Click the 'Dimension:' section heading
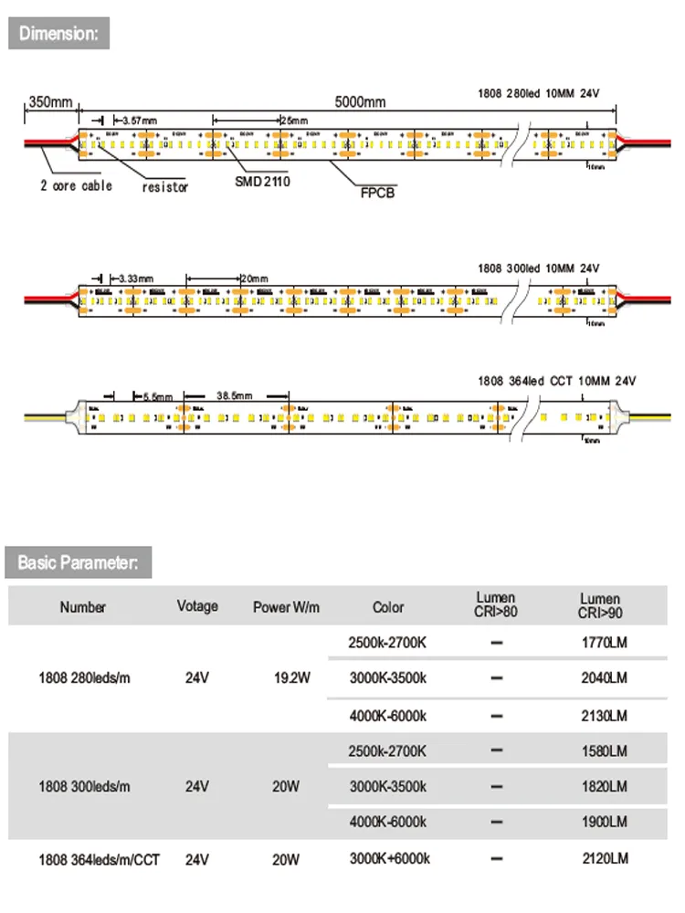[58, 34]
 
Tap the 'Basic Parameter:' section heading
[78, 561]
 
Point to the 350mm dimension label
[49, 102]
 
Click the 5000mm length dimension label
[360, 102]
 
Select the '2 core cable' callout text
[76, 185]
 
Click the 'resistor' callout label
[165, 187]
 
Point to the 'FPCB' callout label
[375, 193]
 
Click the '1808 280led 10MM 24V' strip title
[538, 92]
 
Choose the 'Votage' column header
[197, 606]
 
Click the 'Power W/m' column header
[286, 607]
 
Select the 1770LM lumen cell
[604, 643]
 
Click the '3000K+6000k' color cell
[389, 858]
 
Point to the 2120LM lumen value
[604, 858]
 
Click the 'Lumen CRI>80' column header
[497, 604]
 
